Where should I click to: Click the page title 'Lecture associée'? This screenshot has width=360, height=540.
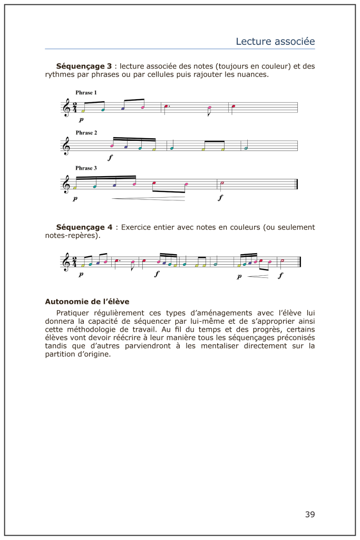[x=275, y=41]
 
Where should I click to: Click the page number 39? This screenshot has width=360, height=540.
[x=309, y=514]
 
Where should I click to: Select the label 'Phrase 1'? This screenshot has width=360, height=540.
[x=86, y=93]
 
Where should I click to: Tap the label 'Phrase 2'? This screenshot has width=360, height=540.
[x=86, y=133]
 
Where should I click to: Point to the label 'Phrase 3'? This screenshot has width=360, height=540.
[x=86, y=168]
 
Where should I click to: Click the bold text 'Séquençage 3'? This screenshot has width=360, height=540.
[x=84, y=66]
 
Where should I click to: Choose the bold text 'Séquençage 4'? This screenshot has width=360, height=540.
[x=84, y=227]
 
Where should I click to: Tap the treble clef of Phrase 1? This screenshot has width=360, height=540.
[x=66, y=108]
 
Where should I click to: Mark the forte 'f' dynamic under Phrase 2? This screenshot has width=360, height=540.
[x=110, y=157]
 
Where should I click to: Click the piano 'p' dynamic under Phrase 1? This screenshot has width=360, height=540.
[x=81, y=120]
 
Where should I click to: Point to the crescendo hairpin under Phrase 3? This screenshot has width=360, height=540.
[x=148, y=198]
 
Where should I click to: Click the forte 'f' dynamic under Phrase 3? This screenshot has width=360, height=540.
[x=220, y=198]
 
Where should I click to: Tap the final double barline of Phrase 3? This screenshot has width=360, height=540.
[x=297, y=183]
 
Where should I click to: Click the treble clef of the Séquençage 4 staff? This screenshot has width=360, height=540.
[x=66, y=262]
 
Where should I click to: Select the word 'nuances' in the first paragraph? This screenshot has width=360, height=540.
[x=253, y=75]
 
